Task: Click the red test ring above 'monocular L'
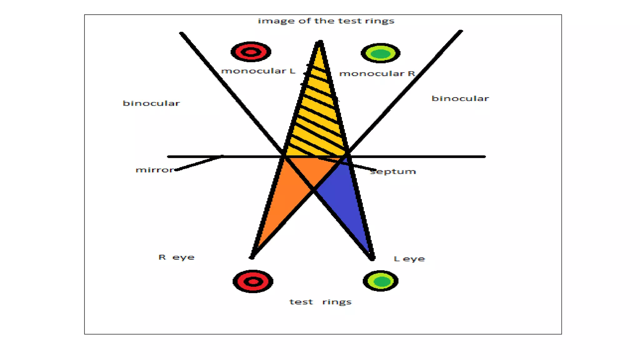251,52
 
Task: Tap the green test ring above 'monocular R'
380,53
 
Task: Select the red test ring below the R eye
253,282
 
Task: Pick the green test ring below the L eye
380,281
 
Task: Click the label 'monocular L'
258,71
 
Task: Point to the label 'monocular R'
377,73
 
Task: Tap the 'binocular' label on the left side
151,103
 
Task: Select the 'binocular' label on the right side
460,98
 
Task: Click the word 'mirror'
155,170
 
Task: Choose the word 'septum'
393,172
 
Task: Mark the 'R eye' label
177,257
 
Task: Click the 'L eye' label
409,259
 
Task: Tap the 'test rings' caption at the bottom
320,302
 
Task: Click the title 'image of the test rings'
326,21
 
